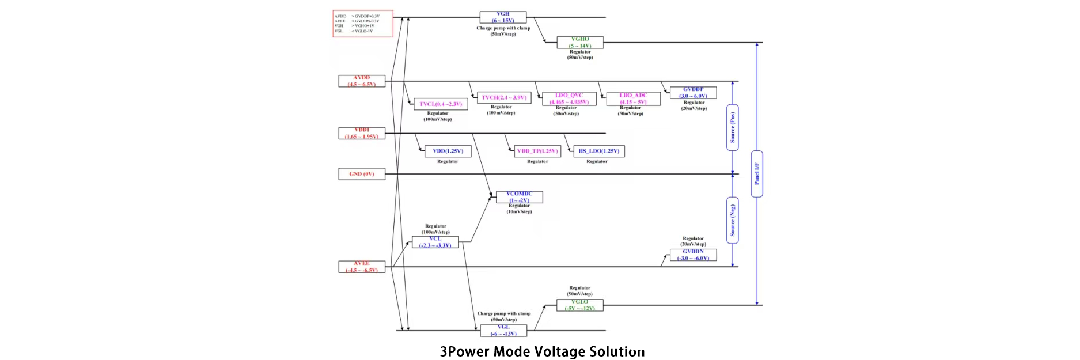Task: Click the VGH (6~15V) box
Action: (x=503, y=17)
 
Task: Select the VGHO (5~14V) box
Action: (x=579, y=43)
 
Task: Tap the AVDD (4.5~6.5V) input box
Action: (x=362, y=81)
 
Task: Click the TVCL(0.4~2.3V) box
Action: (x=441, y=104)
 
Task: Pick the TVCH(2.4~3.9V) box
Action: (x=503, y=98)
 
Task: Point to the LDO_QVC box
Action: (x=569, y=99)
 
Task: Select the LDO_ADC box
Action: (x=633, y=99)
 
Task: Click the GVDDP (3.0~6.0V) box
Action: (x=693, y=93)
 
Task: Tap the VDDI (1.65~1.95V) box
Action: (x=362, y=134)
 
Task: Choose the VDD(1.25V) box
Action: (x=448, y=151)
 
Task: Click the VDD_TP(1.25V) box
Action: (x=537, y=151)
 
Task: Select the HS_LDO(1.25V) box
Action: (x=598, y=151)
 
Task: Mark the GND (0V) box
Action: (x=362, y=174)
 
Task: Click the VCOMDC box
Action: (x=519, y=197)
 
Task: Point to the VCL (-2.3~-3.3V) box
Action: (x=435, y=242)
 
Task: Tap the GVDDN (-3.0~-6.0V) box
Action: (x=693, y=255)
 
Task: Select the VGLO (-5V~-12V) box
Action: (x=579, y=305)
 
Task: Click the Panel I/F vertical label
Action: (x=757, y=174)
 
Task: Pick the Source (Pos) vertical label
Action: (x=733, y=127)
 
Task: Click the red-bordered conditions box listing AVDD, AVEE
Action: (x=363, y=24)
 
